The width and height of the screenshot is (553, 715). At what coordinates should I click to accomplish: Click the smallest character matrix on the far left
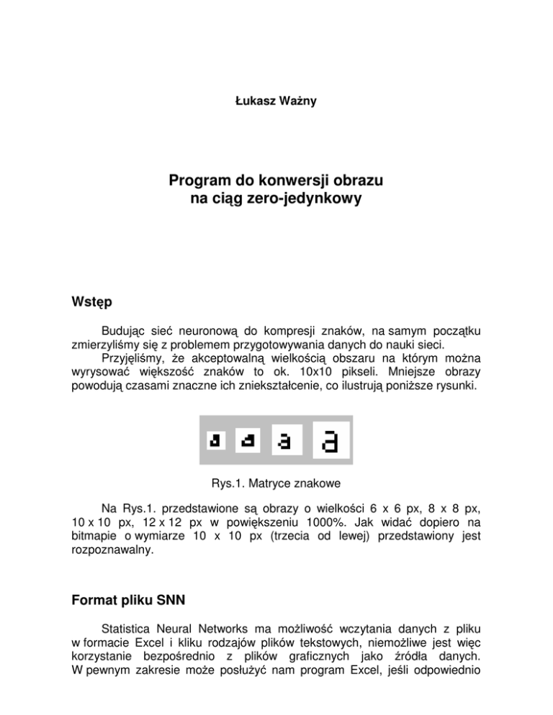pos(215,440)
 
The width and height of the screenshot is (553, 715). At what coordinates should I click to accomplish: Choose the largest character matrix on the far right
pos(331,440)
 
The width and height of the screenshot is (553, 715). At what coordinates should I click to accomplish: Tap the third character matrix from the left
pos(287,440)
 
